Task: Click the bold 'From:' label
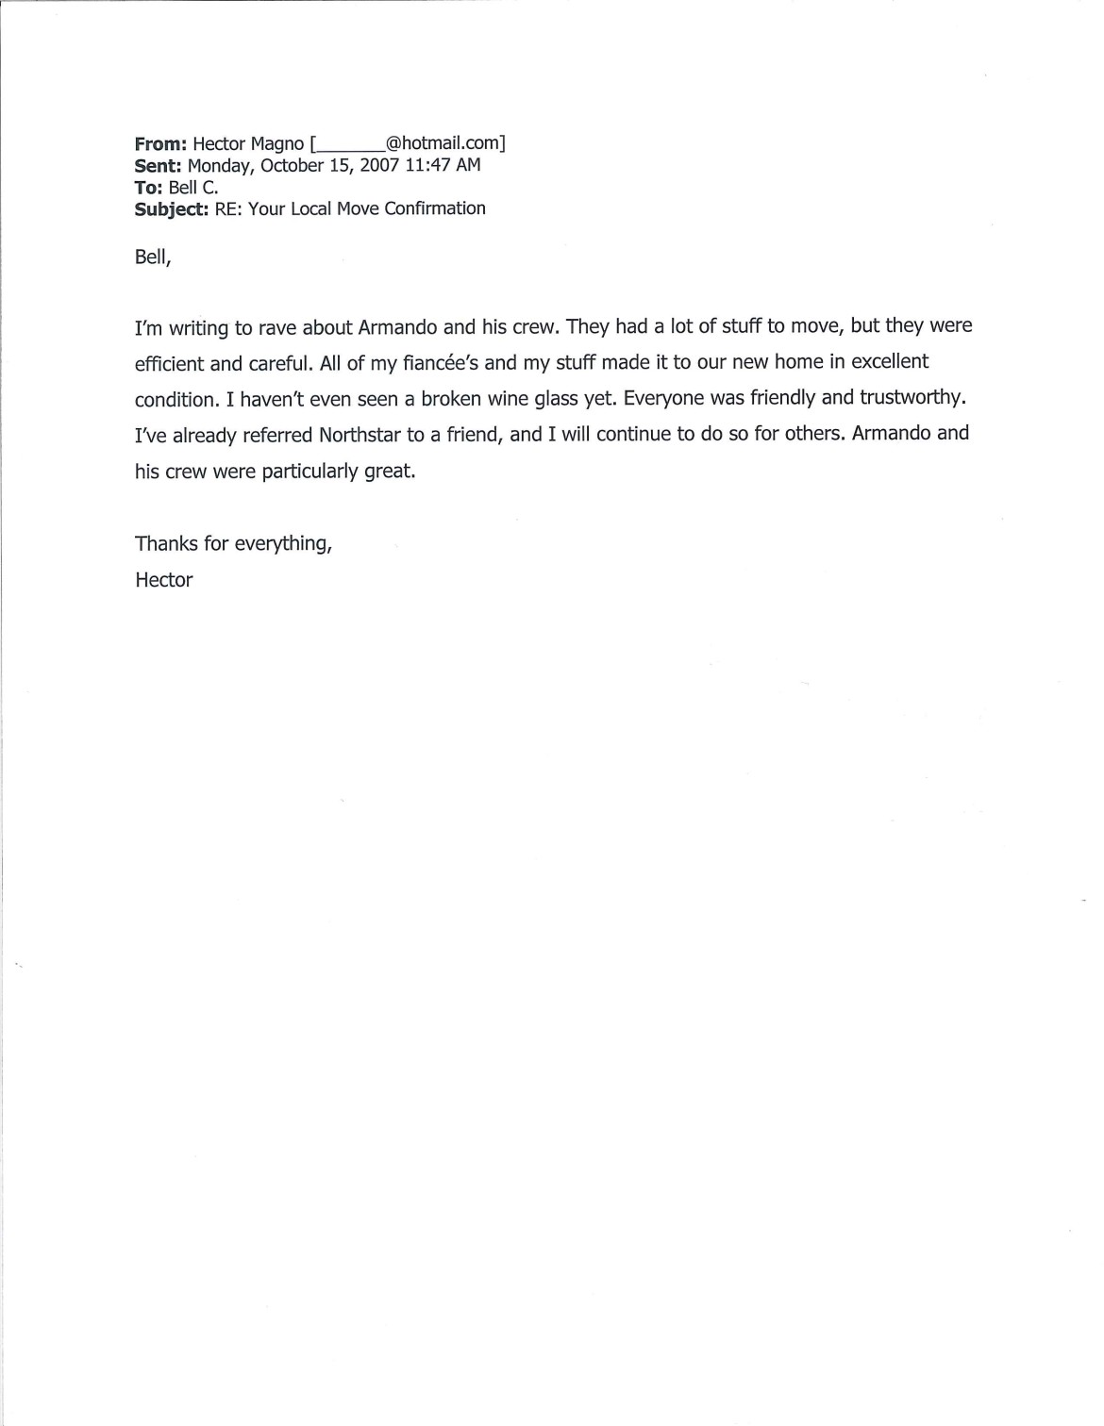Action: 160,144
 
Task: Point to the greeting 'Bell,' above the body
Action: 153,257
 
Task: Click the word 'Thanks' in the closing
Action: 167,544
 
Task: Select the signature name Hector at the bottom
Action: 164,581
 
